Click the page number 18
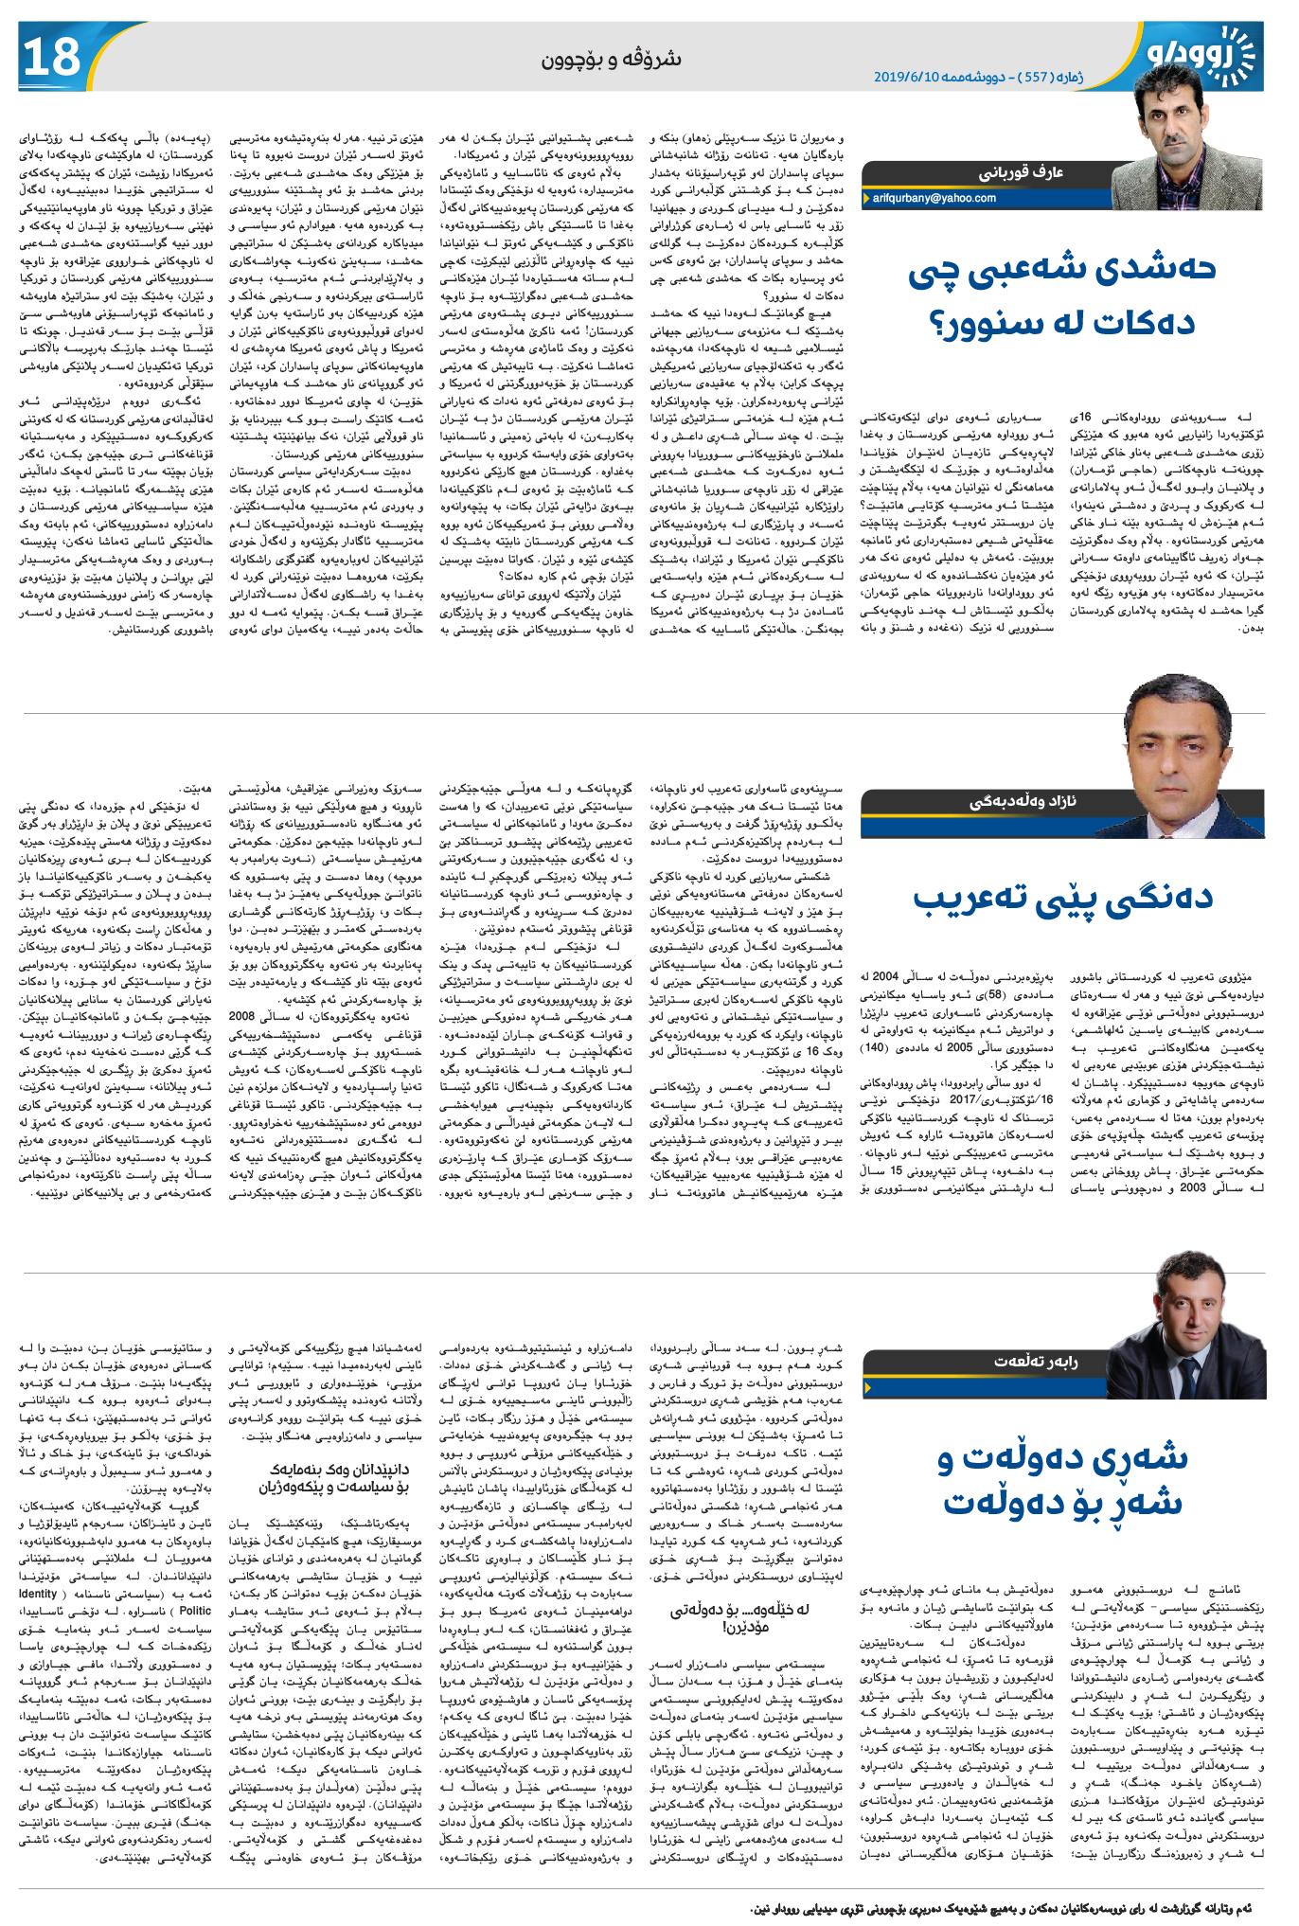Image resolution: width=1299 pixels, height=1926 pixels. click(53, 57)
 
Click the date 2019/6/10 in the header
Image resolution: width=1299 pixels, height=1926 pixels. click(905, 77)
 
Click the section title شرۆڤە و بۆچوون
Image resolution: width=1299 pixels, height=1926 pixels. click(612, 59)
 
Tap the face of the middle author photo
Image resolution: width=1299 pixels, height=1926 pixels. click(1178, 734)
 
